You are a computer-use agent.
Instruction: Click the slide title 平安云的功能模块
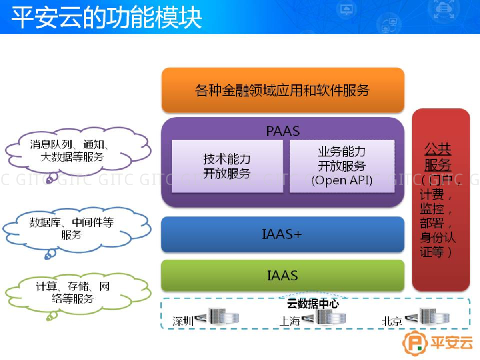106,17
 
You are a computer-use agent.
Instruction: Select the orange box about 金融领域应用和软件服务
283,90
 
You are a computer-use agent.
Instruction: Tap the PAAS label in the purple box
283,131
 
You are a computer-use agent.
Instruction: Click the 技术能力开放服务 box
227,166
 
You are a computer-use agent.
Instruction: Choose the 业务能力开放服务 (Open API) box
342,166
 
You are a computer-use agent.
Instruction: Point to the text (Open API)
342,180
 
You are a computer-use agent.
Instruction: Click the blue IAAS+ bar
283,234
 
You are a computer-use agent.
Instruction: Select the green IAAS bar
283,275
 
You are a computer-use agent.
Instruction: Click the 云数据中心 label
313,303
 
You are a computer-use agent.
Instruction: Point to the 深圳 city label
183,321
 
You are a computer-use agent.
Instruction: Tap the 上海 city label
290,321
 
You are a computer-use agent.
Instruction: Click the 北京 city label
392,321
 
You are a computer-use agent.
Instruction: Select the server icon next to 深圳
224,316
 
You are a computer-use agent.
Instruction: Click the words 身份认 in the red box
438,237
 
